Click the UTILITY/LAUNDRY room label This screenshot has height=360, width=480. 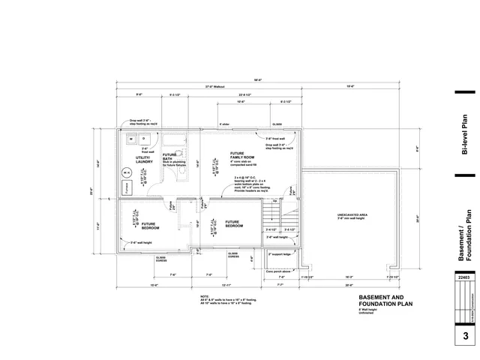tap(145, 159)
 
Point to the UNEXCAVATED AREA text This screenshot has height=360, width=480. tap(352, 217)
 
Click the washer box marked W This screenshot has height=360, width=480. tap(130, 139)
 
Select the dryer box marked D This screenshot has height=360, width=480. tap(143, 139)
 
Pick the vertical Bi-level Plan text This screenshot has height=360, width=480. tap(465, 135)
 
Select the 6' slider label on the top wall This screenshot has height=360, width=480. tap(223, 124)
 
